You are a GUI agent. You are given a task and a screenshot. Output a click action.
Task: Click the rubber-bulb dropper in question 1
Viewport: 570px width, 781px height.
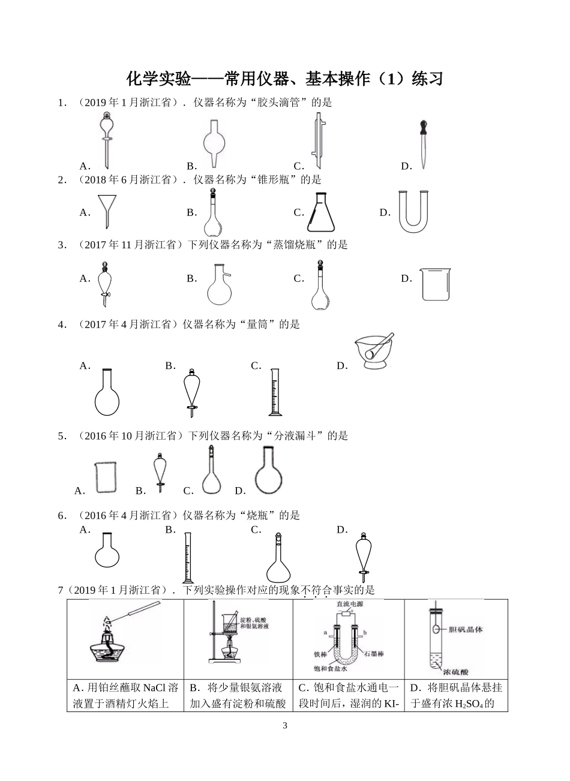tap(424, 145)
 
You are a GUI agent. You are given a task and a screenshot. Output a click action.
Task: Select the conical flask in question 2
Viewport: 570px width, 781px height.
tap(320, 212)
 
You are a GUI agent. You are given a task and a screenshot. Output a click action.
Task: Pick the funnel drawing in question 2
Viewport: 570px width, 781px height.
tap(107, 211)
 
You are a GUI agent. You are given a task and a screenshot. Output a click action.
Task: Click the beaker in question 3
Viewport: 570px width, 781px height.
tap(435, 284)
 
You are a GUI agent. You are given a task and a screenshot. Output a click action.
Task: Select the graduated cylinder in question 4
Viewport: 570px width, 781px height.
tap(275, 392)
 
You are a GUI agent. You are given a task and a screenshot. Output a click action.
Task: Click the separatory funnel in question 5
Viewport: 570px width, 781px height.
tap(160, 472)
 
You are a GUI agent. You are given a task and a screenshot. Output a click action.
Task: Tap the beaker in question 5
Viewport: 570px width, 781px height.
tap(106, 477)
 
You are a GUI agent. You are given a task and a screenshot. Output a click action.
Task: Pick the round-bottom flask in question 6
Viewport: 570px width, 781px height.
tap(107, 549)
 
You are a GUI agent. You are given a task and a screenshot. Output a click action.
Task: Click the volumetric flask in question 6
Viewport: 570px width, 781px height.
tap(278, 557)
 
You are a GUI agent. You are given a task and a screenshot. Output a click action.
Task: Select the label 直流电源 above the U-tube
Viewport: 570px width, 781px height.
tap(350, 603)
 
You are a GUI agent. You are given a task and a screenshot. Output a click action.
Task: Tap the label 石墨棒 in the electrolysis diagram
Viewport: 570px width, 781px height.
tap(374, 654)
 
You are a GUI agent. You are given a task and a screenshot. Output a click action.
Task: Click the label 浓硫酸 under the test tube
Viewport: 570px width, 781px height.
tap(455, 672)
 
